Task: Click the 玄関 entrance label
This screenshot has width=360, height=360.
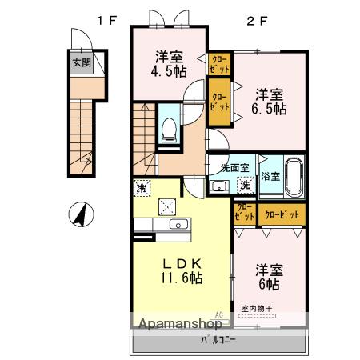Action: [x=80, y=62]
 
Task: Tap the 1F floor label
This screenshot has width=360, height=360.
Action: [x=107, y=21]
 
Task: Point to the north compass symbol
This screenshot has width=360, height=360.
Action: [x=80, y=214]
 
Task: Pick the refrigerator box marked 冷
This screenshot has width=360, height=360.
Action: [x=141, y=189]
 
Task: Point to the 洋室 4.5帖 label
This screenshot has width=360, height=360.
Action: [x=170, y=63]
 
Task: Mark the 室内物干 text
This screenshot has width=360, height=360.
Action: [x=256, y=309]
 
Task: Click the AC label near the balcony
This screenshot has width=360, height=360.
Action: [x=218, y=316]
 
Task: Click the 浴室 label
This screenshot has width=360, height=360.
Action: [x=270, y=176]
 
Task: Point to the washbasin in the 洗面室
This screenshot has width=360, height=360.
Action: [x=218, y=186]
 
